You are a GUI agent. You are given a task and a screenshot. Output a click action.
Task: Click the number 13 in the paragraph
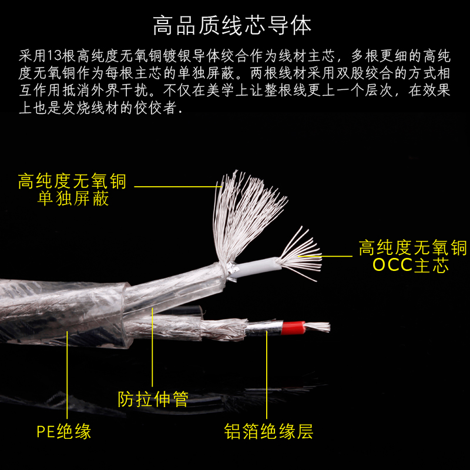pos(52,56)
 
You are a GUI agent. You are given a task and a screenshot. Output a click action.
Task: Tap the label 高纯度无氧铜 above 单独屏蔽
pos(72,180)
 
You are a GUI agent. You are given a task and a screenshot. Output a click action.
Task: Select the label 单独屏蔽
pos(73,199)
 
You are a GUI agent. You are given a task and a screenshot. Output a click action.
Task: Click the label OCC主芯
pos(411,266)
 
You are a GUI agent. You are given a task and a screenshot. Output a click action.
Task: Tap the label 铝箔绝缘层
pos(268,432)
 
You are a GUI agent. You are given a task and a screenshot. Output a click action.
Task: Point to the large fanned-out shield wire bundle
pos(247,211)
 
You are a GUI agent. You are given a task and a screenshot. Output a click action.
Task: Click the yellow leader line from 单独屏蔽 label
pos(176,187)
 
